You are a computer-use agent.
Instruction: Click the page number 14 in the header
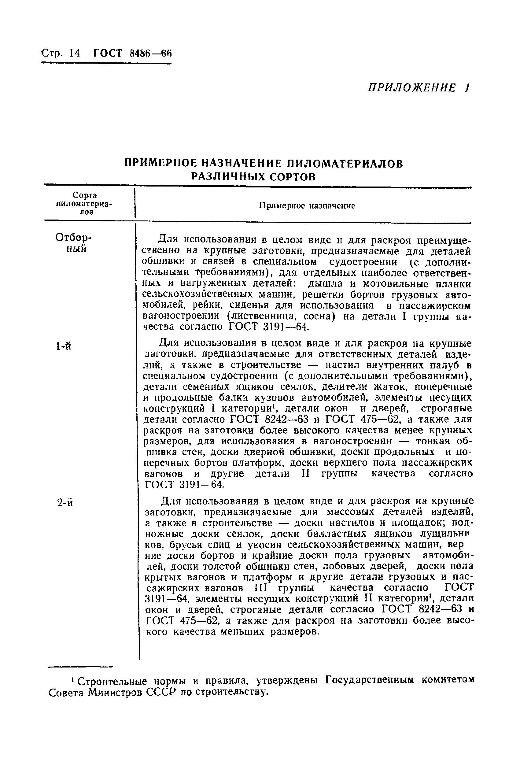(x=74, y=53)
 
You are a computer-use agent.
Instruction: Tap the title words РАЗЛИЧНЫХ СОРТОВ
(x=253, y=177)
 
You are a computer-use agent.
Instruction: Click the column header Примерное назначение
(x=307, y=206)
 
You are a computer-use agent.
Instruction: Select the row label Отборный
(x=74, y=243)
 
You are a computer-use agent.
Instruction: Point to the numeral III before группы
(x=260, y=588)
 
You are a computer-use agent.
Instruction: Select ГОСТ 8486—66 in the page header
(x=132, y=53)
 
